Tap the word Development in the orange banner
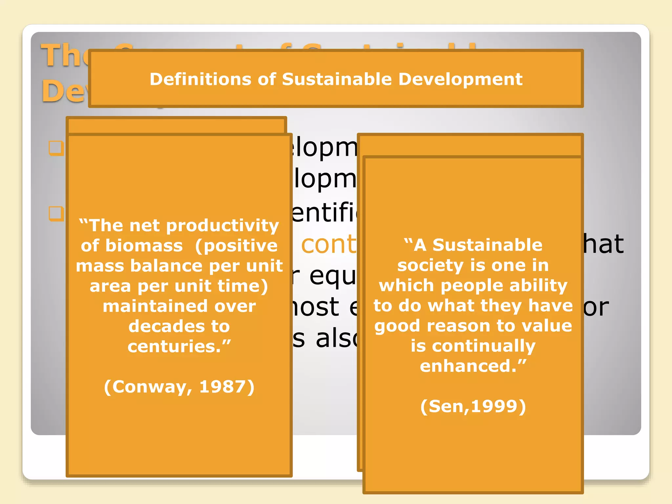pos(460,79)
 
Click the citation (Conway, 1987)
pos(179,387)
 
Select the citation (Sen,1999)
pos(473,406)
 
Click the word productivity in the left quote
pos(222,226)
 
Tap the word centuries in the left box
pos(174,346)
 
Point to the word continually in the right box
pos(484,346)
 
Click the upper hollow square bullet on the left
pos(56,148)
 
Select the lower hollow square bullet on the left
pos(56,213)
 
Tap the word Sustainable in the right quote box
pos(487,245)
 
